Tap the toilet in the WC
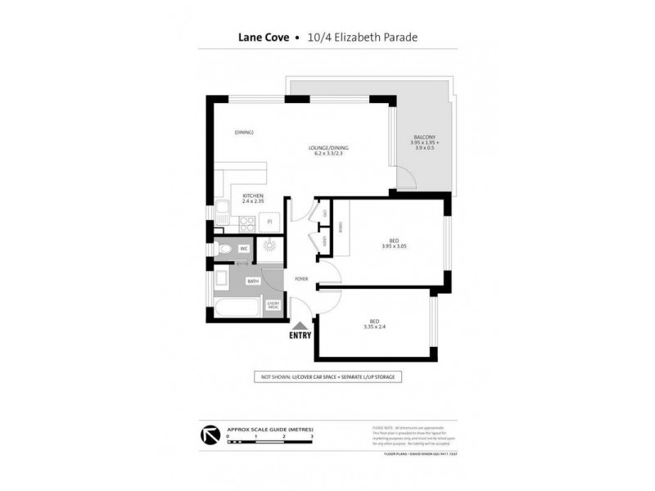click(x=224, y=249)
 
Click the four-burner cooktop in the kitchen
click(x=245, y=220)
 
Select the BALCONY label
click(x=424, y=137)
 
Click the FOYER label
click(x=301, y=279)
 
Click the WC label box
click(x=244, y=249)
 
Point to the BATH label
click(x=254, y=281)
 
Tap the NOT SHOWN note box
click(x=327, y=377)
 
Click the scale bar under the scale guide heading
click(x=270, y=441)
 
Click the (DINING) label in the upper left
click(x=244, y=133)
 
